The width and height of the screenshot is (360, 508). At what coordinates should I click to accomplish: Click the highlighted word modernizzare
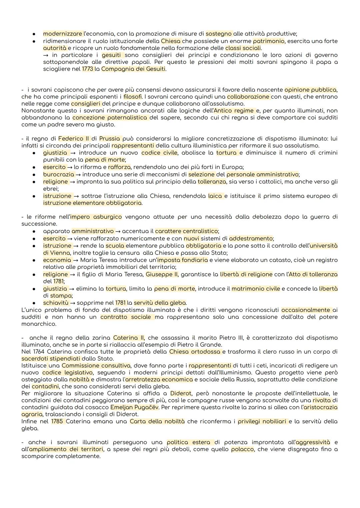click(x=62, y=34)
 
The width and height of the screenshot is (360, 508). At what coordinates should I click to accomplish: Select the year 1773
click(x=88, y=69)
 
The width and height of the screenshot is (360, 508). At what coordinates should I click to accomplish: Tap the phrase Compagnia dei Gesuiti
click(x=133, y=69)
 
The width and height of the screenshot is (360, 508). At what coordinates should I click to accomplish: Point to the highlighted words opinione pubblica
click(x=310, y=90)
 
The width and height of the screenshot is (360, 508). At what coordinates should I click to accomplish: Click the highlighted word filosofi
click(x=133, y=97)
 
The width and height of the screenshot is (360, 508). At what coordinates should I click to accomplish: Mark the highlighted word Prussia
click(x=110, y=139)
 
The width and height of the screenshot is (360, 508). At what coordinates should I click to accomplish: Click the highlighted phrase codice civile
click(x=159, y=153)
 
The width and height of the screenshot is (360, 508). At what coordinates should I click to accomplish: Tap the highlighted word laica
click(x=215, y=196)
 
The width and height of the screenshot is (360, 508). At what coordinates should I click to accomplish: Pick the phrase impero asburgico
click(x=96, y=217)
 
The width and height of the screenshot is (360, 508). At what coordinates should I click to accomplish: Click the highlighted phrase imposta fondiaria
click(x=182, y=260)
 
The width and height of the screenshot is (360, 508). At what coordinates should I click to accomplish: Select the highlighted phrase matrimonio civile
click(x=256, y=288)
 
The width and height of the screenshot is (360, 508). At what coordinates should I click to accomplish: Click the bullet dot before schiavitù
click(x=34, y=303)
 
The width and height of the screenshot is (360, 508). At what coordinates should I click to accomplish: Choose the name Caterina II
click(x=129, y=338)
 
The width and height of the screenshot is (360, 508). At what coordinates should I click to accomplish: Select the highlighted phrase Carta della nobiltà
click(x=157, y=421)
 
